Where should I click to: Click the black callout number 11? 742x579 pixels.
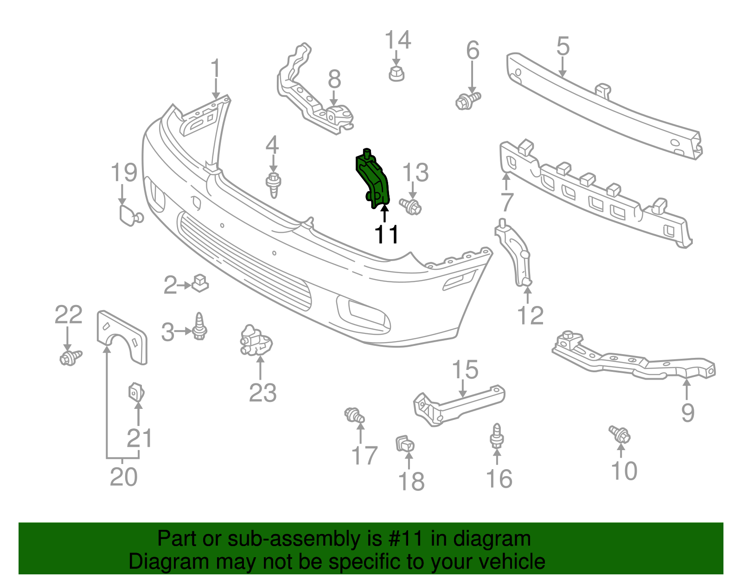point(386,235)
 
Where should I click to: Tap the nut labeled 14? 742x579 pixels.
point(396,74)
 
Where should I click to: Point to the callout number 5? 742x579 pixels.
point(563,47)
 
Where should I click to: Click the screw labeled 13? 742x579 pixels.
point(410,206)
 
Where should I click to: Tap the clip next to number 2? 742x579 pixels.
point(200,282)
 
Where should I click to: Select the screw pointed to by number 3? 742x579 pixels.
point(200,326)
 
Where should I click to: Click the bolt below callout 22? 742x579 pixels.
point(70,357)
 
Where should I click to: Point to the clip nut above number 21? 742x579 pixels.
point(136,392)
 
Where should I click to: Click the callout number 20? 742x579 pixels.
point(123,477)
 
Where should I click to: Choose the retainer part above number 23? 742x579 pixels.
point(256,340)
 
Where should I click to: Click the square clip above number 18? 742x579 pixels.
point(405,444)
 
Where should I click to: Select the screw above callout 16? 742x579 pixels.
point(497,436)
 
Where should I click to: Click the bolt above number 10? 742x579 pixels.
point(620,434)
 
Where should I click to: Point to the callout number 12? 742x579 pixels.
point(530,316)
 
